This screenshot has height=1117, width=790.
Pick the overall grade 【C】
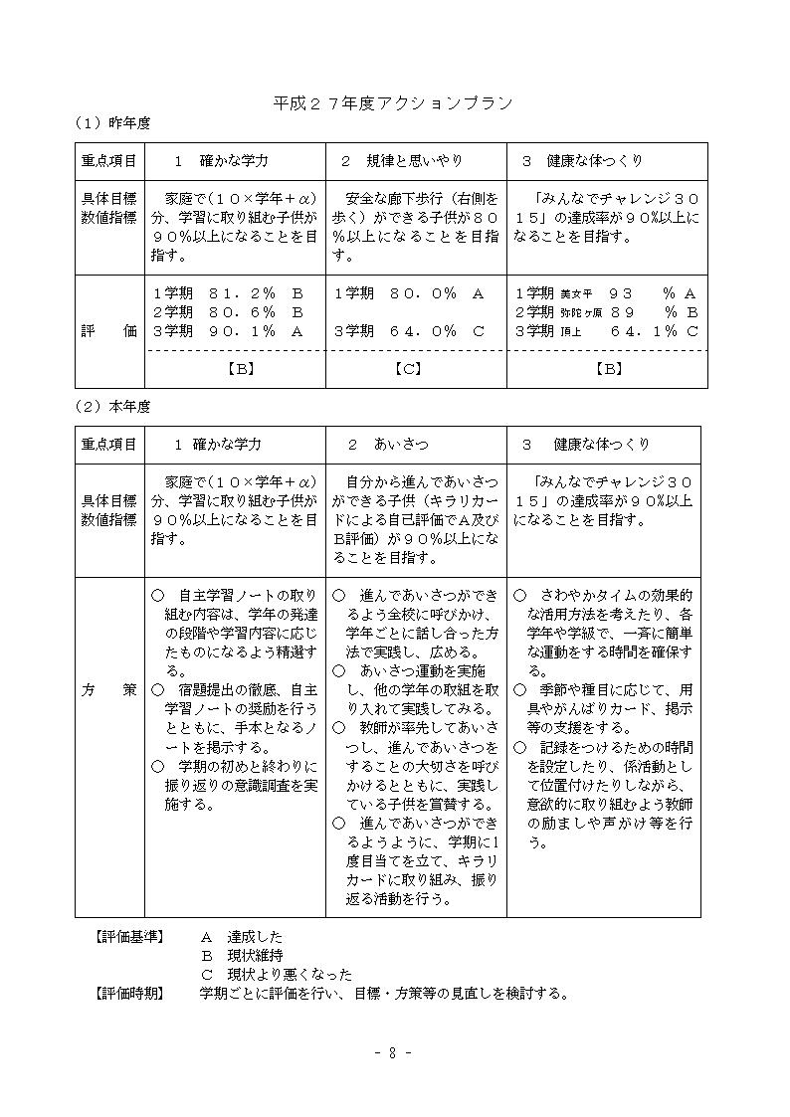point(416,368)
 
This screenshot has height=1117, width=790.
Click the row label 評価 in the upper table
point(109,331)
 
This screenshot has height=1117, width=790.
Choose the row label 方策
point(109,690)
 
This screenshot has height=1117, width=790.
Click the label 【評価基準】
point(129,937)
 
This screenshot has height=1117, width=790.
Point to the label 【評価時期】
point(129,993)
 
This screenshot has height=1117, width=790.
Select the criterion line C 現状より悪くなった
point(276,975)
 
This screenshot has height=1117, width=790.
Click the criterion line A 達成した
point(242,937)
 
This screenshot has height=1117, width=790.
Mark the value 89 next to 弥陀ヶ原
point(623,312)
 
